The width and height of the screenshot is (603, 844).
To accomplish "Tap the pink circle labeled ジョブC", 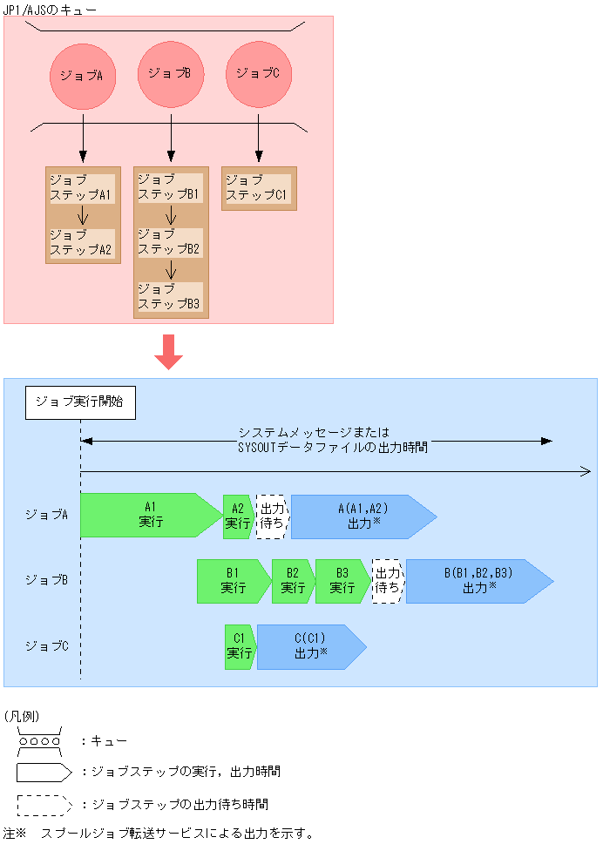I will pos(259,74).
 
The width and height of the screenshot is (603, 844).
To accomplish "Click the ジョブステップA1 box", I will pos(82,188).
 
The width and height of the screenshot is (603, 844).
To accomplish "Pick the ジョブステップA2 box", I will pos(82,243).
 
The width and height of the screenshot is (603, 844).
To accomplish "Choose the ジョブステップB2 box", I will pos(170,243).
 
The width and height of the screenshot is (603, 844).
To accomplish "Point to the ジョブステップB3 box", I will pos(170,297).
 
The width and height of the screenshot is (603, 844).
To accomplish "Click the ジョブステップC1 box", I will pos(258,188).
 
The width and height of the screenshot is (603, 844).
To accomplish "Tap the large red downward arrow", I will pos(168,349).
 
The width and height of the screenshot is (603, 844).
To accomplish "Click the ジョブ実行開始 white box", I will pos(80,402).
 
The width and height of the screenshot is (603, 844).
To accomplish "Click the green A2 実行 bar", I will pos(238,516).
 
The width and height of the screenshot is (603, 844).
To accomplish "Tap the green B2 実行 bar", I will pos(293,581).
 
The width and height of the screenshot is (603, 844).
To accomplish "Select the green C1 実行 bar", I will pos(240,646).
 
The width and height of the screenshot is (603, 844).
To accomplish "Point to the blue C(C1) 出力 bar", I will pos(309,646).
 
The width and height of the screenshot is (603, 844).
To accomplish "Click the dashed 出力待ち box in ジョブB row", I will pos(388,581).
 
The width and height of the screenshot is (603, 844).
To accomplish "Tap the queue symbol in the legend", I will pos(39,740).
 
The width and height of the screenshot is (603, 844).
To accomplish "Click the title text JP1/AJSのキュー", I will pos(51,9).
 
